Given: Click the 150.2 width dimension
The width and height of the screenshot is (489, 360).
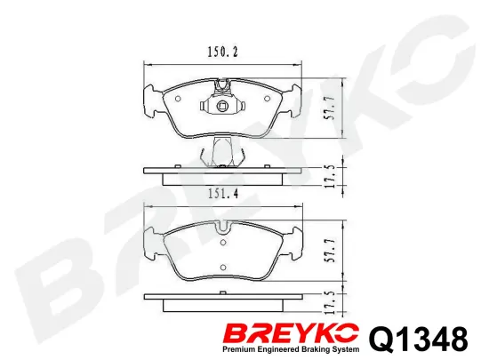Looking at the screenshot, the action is pos(222,52).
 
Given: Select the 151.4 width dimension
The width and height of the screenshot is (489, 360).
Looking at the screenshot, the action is pos(222,194).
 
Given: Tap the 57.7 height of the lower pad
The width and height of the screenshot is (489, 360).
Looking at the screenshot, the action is pos(331,251).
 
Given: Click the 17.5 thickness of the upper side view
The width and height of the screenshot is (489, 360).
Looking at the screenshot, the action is pos(331,176).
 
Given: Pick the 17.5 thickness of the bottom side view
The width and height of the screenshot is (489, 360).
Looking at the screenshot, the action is pos(331,302).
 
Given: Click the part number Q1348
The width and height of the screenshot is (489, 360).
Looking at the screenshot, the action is pos(418,340).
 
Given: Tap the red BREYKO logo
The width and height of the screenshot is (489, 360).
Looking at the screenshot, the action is pos(292,333).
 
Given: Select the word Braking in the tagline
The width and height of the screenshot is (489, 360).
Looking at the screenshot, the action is pos(315,349).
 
